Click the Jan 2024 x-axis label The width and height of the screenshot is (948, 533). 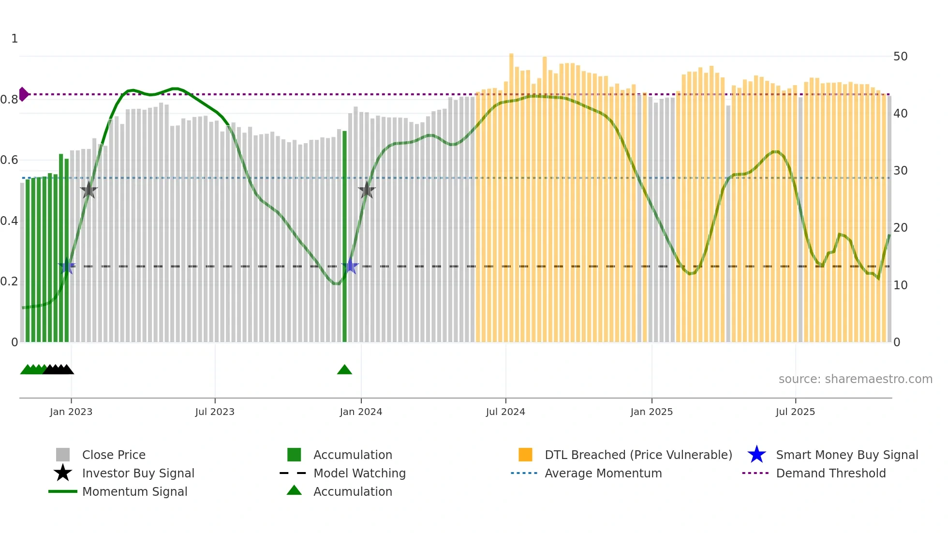361,412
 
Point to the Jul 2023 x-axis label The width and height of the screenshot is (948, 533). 215,412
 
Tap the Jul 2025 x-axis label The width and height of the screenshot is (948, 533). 795,412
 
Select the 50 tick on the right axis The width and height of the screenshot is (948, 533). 900,57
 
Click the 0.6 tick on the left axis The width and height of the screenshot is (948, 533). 9,160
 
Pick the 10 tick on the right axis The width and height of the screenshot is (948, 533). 900,285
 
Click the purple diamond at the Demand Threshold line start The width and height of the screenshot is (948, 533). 23,94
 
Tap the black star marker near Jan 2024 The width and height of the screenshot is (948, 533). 367,191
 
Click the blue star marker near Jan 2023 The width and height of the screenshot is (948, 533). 67,266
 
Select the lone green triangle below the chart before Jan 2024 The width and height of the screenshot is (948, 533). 344,370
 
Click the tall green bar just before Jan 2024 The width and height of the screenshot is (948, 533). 344,237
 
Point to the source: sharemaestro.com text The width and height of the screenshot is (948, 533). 855,379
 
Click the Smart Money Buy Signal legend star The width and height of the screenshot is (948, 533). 756,455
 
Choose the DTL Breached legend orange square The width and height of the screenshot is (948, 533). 525,455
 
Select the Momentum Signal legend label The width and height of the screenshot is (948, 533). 134,491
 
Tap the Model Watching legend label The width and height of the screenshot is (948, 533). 359,473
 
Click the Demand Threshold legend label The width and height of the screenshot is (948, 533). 830,473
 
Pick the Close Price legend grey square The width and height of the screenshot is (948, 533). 63,455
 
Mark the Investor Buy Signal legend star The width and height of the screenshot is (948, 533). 63,473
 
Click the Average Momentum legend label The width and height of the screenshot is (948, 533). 603,473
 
